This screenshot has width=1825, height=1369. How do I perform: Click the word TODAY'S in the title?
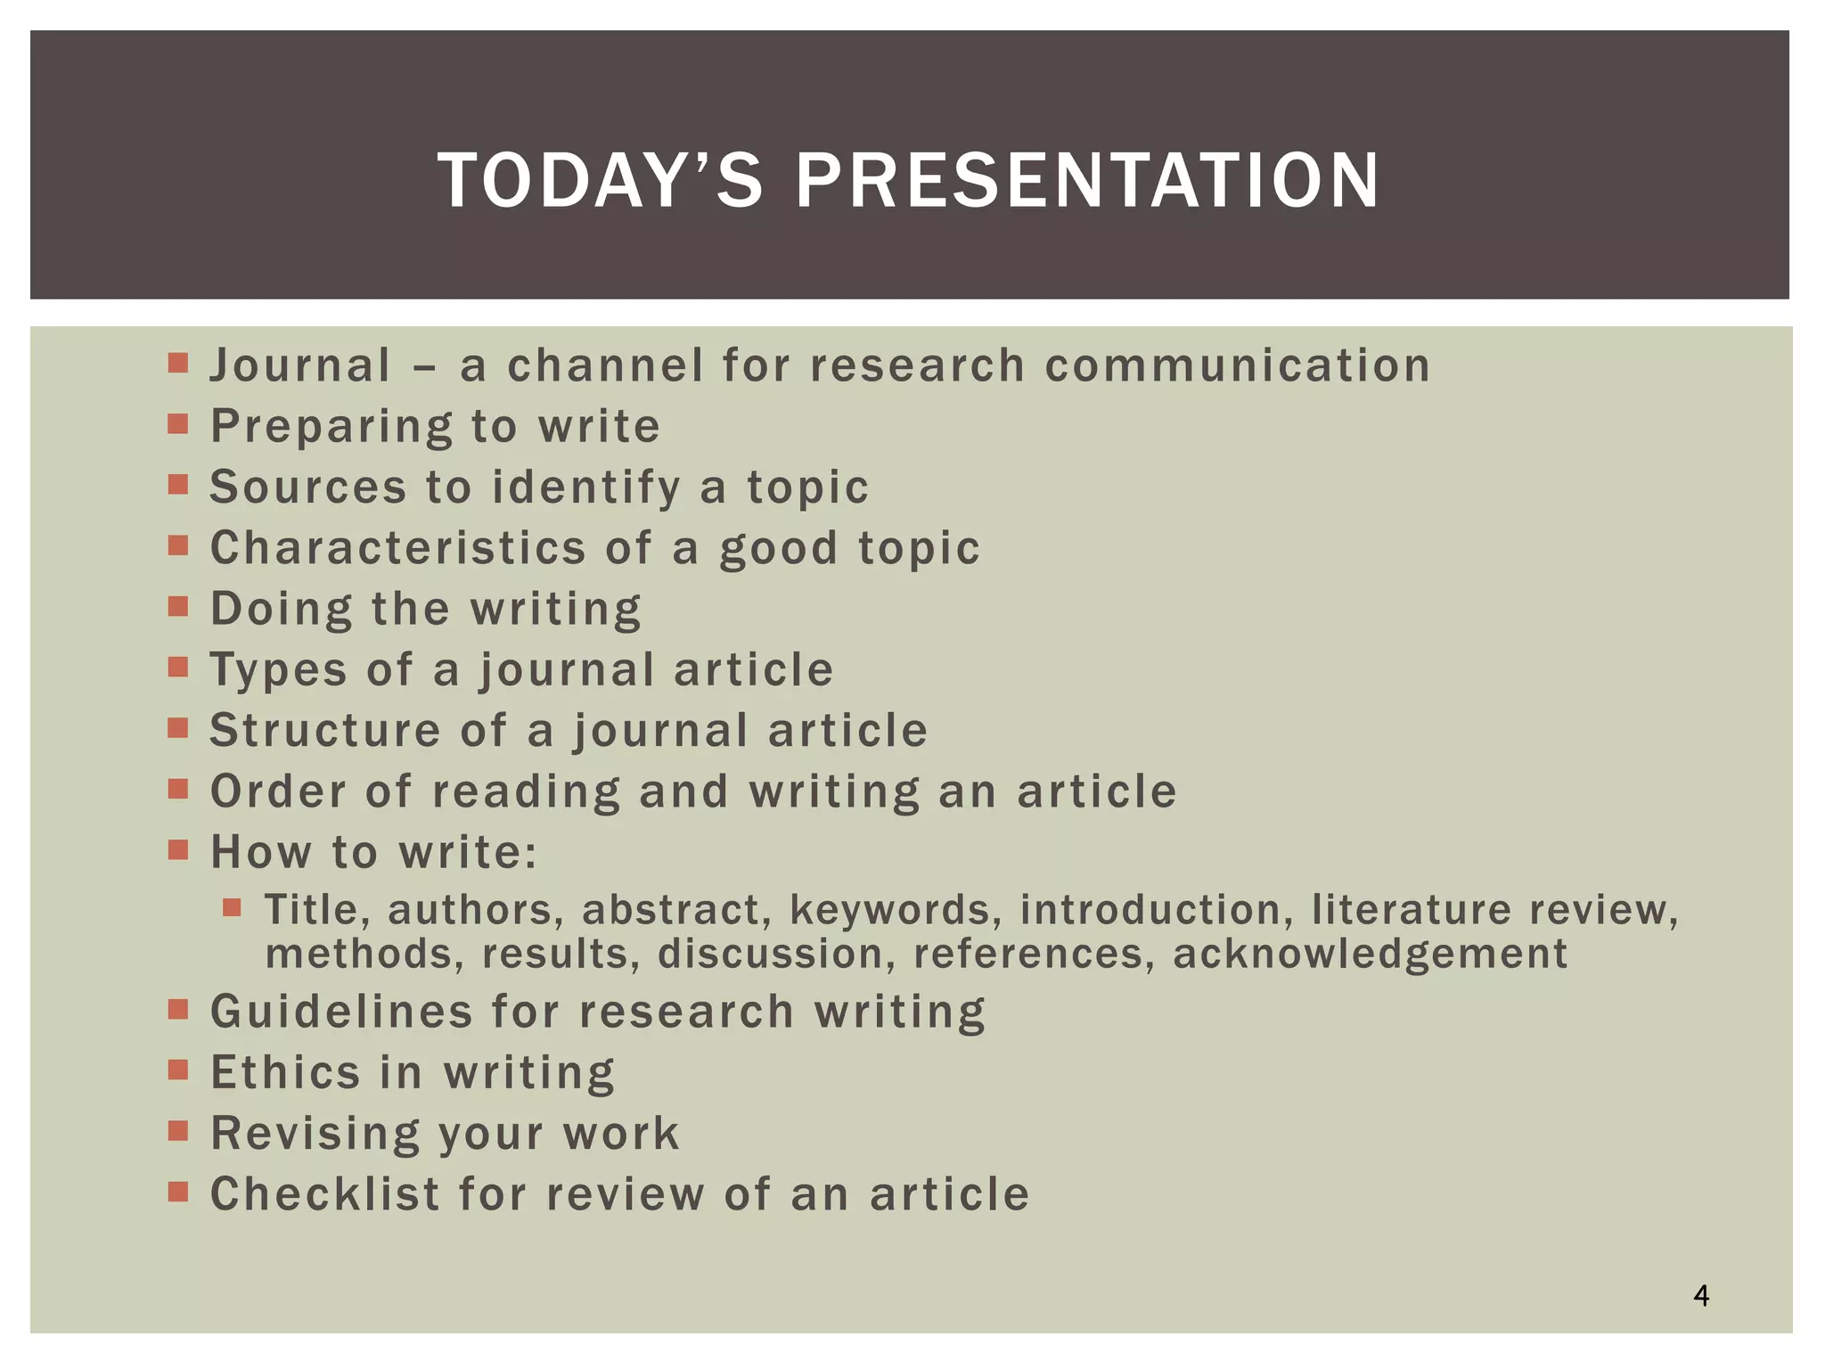click(x=600, y=181)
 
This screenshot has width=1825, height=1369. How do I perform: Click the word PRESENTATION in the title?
click(x=1087, y=181)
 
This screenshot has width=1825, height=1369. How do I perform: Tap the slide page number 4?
click(x=1701, y=1295)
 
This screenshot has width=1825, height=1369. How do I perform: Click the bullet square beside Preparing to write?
click(x=178, y=423)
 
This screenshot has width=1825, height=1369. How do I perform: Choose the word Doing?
click(x=281, y=610)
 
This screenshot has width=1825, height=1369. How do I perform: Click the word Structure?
click(x=325, y=731)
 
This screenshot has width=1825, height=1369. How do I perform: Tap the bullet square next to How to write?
click(x=178, y=849)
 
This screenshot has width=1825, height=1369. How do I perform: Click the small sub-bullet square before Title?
click(x=233, y=908)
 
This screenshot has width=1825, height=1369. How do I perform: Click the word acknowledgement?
click(x=1370, y=954)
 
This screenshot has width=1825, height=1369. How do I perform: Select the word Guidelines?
click(x=341, y=1012)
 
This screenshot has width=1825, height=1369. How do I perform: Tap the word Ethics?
click(x=285, y=1072)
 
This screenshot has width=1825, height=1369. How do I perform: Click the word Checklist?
click(x=325, y=1194)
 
